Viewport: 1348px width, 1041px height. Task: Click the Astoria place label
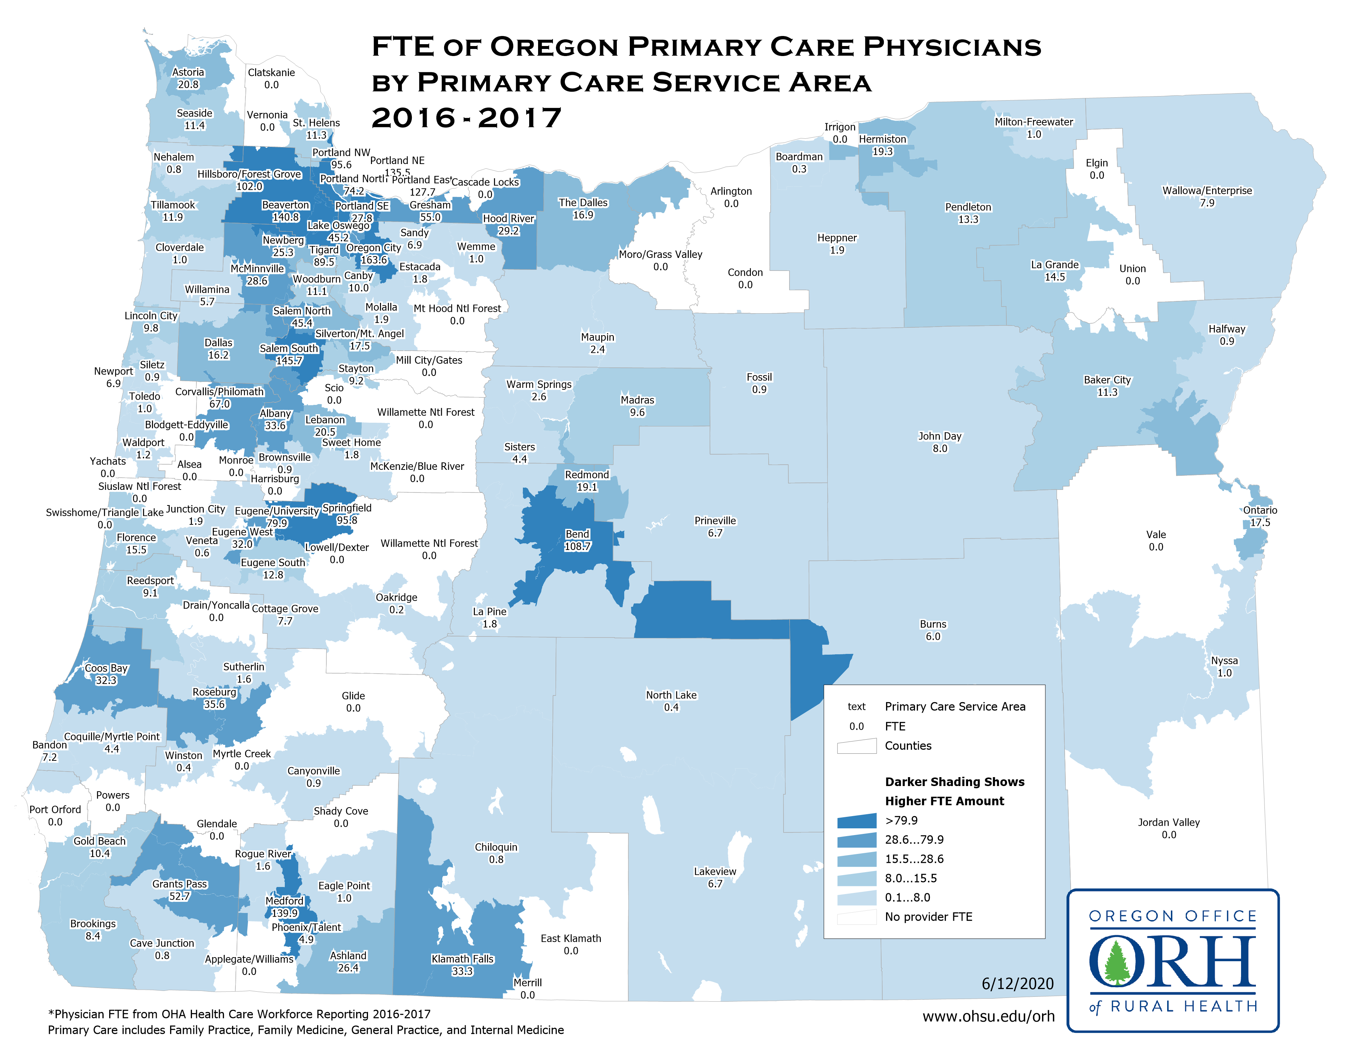[x=188, y=72]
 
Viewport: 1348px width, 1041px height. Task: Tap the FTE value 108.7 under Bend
[x=577, y=546]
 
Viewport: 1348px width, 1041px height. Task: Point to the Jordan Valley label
[x=1168, y=822]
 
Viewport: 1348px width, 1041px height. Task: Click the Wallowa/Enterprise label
[x=1207, y=190]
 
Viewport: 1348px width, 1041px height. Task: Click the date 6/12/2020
[x=1017, y=983]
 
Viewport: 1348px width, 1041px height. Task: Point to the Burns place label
[x=932, y=624]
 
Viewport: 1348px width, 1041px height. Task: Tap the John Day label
[x=940, y=436]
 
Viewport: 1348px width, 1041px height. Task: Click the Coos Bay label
[x=106, y=668]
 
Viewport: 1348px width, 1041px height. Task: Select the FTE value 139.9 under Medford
[x=284, y=913]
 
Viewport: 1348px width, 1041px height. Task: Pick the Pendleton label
[x=968, y=207]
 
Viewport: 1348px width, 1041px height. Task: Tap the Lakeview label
[x=715, y=871]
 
